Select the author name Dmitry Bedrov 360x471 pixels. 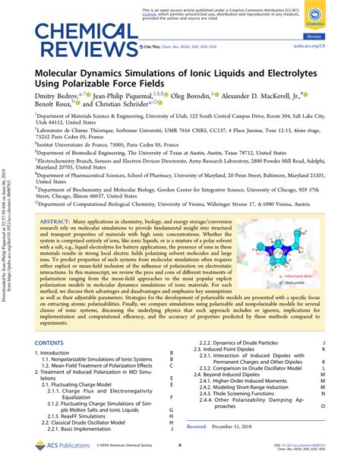(x=57, y=96)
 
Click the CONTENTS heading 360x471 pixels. (x=51, y=343)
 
